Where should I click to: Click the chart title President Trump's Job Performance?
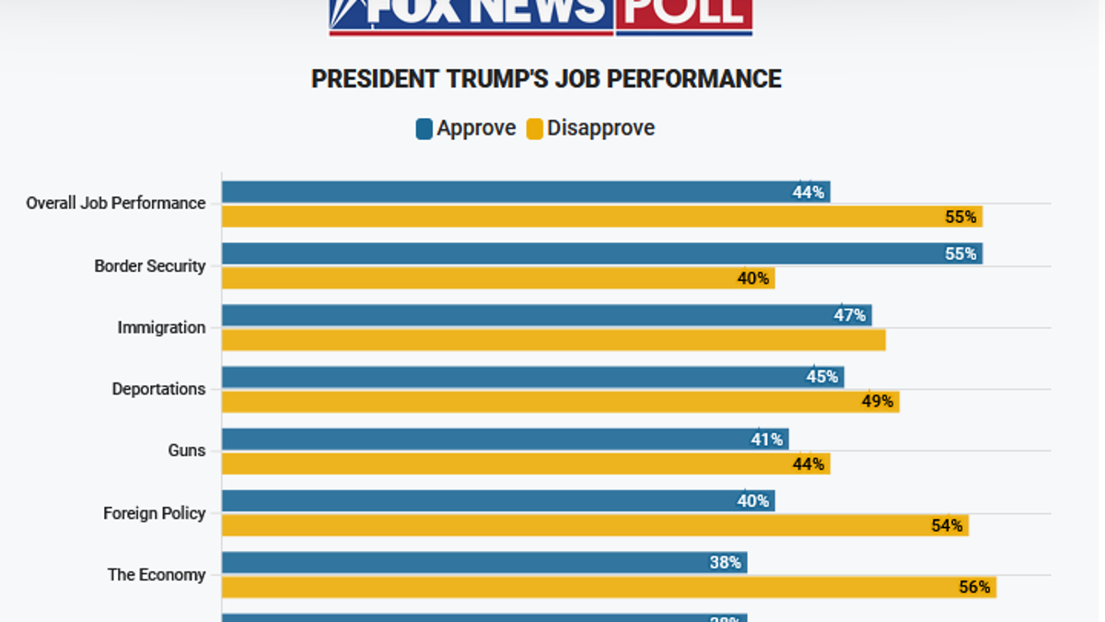tap(546, 79)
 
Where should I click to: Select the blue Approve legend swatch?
tap(424, 129)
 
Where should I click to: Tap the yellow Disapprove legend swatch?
tap(535, 129)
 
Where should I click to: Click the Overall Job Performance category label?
tap(116, 204)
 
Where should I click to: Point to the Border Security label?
tap(150, 266)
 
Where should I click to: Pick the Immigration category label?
tap(161, 328)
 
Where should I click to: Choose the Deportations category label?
tap(158, 390)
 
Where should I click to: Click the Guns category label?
tap(187, 452)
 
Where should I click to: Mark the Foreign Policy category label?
tap(154, 513)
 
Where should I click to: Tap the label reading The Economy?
tap(157, 575)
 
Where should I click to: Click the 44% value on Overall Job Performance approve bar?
tap(808, 193)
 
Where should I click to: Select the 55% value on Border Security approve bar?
tap(960, 254)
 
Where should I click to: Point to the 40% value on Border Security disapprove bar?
tap(752, 278)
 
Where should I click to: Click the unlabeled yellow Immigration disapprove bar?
tap(553, 340)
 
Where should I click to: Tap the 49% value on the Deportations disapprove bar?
tap(877, 402)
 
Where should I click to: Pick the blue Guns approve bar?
tap(505, 440)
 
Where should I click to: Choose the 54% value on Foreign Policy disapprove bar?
tap(946, 525)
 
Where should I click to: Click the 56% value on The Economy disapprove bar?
tap(973, 587)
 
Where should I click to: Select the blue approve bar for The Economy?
tap(483, 562)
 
